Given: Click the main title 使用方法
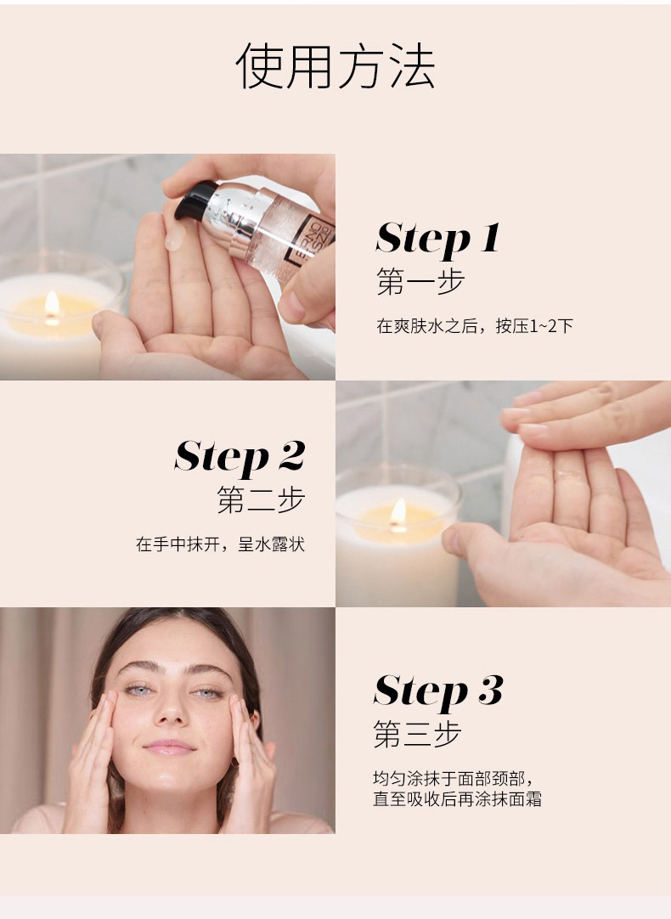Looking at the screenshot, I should point(335,67).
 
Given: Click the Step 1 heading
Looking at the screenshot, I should point(437,239).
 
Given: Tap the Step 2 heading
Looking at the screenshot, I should point(240,457).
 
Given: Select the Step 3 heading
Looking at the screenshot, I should point(438,691).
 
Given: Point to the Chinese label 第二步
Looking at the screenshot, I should point(260,500).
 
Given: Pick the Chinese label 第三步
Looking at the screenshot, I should point(417,735).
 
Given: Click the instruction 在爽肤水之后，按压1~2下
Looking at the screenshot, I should point(474,325).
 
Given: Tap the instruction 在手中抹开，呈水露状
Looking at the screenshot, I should point(220,544).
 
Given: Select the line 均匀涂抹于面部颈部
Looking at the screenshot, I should point(453,779).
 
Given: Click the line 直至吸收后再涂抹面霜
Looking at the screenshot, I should point(457,799).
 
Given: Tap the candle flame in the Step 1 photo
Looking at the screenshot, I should point(52,303).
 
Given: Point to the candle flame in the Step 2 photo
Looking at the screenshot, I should point(398,513).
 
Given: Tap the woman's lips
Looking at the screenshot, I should point(170,747).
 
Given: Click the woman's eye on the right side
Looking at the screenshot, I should point(207,693).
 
